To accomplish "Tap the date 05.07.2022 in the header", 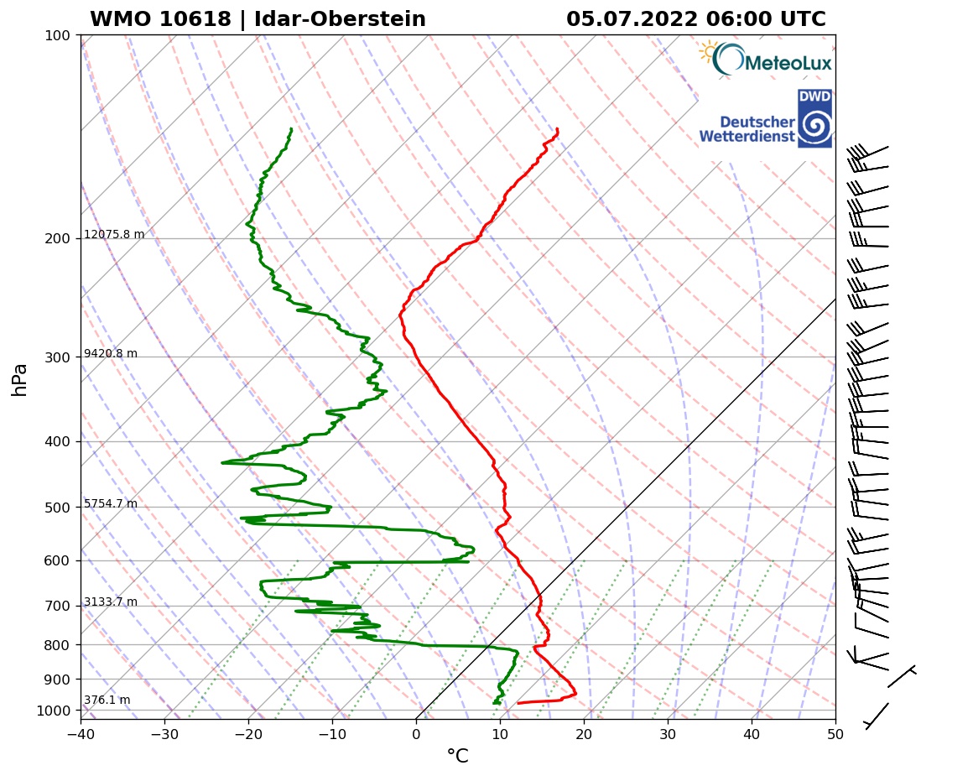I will [x=632, y=19].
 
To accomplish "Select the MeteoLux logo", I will [x=764, y=60].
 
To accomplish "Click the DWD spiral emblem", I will [x=814, y=127].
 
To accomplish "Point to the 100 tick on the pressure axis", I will [x=57, y=35].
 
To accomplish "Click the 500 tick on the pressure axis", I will [x=57, y=508].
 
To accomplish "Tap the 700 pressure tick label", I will [x=57, y=606].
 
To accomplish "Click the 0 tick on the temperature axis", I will [x=416, y=734].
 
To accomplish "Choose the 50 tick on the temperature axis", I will [x=835, y=734].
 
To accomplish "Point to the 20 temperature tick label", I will [x=584, y=734].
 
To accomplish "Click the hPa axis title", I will [x=20, y=379].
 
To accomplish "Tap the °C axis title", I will [x=457, y=757].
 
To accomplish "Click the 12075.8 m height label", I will [x=114, y=235].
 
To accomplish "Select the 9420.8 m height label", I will [x=111, y=354].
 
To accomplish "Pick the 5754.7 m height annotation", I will [x=111, y=504].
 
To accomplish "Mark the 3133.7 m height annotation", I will [x=111, y=602].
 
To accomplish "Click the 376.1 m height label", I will [x=107, y=700].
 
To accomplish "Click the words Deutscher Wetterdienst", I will [x=747, y=129].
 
